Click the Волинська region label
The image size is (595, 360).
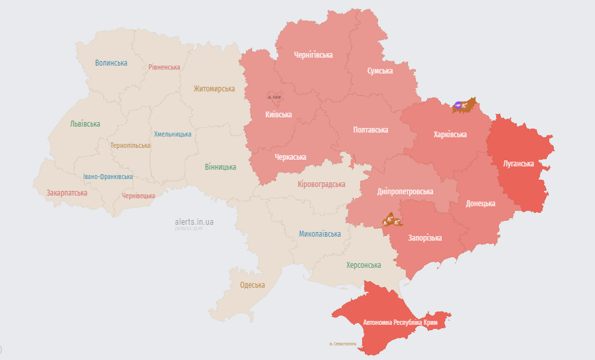tap(111, 63)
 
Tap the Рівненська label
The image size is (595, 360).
tap(164, 68)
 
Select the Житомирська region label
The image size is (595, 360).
tap(214, 89)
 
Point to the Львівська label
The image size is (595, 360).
tap(85, 124)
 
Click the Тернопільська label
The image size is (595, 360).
tap(130, 145)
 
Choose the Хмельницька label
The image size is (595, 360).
tap(172, 134)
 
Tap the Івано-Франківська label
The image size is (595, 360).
tap(107, 177)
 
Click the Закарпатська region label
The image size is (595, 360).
tap(66, 193)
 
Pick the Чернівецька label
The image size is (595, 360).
tap(139, 196)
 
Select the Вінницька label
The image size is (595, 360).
tap(220, 167)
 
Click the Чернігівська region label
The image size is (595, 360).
tap(313, 55)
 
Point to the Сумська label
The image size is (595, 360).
tap(379, 71)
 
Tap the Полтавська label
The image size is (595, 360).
tap(370, 130)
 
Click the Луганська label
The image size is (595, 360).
tap(519, 162)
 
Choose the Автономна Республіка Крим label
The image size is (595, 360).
tap(400, 323)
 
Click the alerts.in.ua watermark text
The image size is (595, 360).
tap(194, 222)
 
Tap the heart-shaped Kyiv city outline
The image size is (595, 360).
tap(275, 97)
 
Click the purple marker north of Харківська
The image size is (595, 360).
tap(459, 105)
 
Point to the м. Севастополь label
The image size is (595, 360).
tap(342, 344)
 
